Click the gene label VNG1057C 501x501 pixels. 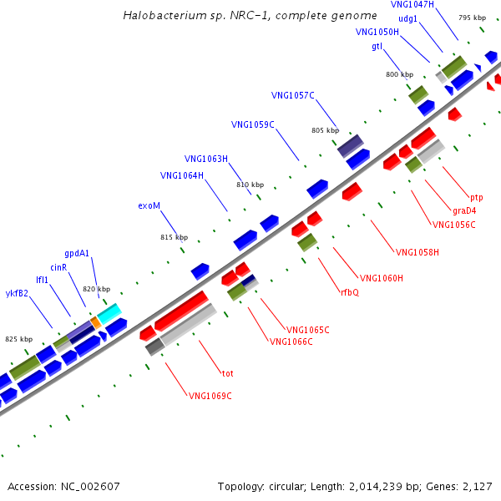(293, 95)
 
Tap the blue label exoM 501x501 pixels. (149, 205)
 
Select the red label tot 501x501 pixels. (227, 373)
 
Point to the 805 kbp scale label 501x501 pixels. (326, 130)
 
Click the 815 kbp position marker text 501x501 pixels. (175, 237)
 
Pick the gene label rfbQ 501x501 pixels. (350, 292)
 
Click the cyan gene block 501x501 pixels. (109, 313)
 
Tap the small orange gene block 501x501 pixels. (96, 322)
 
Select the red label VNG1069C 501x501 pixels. (210, 396)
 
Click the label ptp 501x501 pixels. (477, 198)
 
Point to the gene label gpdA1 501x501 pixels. (77, 253)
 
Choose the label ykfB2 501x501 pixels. (17, 293)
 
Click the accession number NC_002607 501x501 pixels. (90, 486)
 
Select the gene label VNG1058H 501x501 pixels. (417, 252)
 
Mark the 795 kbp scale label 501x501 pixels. (473, 18)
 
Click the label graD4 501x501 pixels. (464, 210)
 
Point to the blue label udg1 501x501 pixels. (407, 19)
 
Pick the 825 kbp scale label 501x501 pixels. (19, 339)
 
